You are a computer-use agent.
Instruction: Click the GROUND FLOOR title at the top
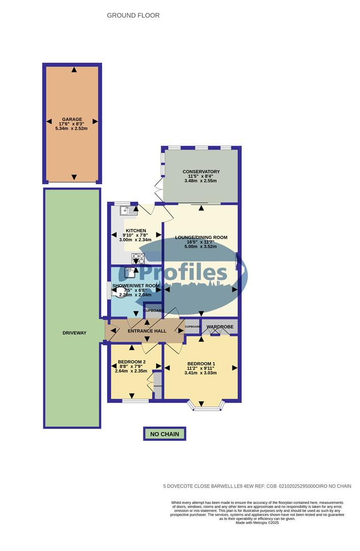coord(133,15)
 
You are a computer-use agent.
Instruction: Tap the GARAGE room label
coord(72,119)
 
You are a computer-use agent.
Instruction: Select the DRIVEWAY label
coord(74,333)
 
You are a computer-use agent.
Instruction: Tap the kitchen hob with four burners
coord(138,258)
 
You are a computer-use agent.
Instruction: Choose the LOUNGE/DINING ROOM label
coord(201,238)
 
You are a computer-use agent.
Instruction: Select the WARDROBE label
coord(220,327)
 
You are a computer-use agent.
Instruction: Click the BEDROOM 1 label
coord(201,364)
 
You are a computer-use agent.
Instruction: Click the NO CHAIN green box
coord(164,434)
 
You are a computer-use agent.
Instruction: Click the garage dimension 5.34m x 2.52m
coord(72,129)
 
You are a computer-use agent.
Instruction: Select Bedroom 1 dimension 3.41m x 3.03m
coord(201,372)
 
